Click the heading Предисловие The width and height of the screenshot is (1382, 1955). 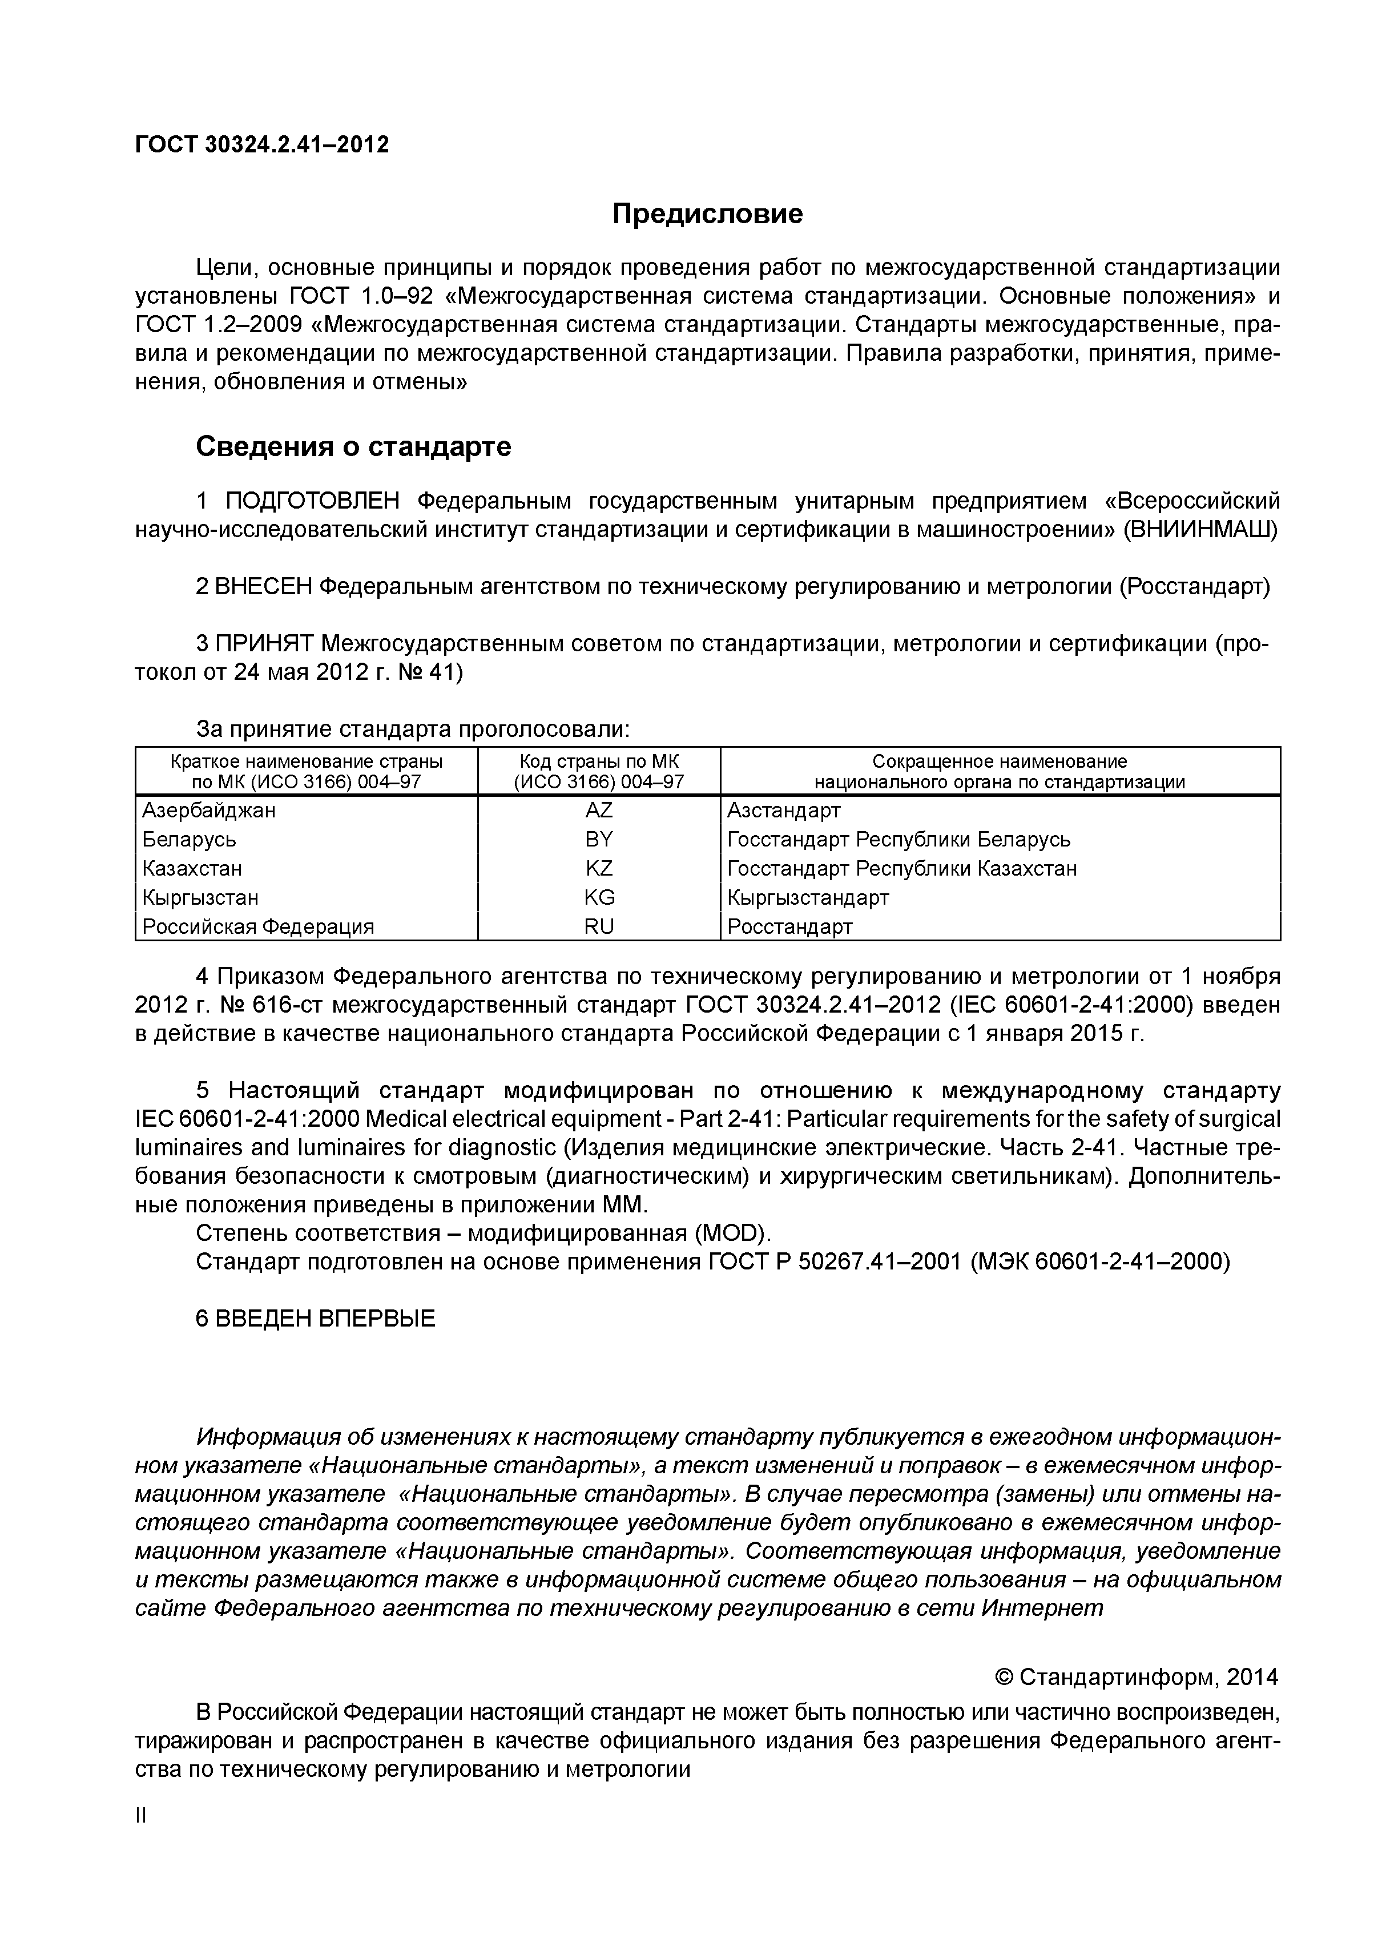tap(707, 213)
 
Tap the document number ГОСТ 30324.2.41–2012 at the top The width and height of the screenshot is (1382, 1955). tap(261, 145)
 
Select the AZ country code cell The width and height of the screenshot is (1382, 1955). tap(599, 811)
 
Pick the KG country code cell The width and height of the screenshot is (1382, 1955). tap(599, 897)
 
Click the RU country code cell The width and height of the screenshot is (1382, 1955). tap(599, 926)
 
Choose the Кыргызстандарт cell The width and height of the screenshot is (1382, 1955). tap(807, 897)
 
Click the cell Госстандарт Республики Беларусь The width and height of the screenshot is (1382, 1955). tap(898, 840)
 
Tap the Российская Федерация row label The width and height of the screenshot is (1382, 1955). tap(258, 926)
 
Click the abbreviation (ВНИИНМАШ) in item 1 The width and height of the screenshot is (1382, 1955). tap(1200, 530)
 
